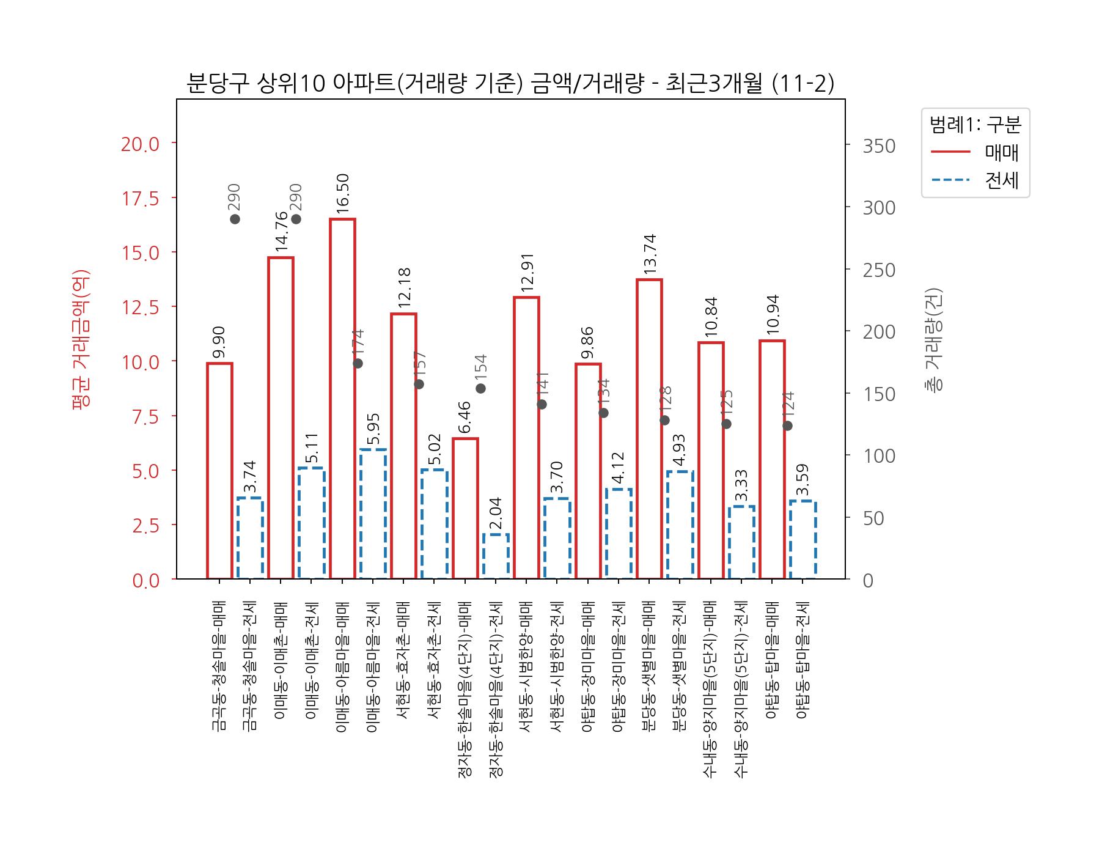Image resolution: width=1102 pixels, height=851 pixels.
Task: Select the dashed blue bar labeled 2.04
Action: click(x=496, y=556)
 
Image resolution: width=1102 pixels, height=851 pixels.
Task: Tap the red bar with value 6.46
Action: click(x=465, y=508)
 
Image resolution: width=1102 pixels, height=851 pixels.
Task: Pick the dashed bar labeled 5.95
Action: click(x=373, y=514)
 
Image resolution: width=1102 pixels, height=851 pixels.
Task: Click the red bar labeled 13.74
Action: click(x=649, y=429)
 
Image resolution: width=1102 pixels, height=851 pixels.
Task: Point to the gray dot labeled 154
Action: click(x=480, y=388)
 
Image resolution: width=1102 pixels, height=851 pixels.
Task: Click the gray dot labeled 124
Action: click(x=787, y=425)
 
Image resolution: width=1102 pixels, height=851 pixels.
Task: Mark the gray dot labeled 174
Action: click(x=358, y=363)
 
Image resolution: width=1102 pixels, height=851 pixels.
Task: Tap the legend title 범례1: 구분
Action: click(x=975, y=125)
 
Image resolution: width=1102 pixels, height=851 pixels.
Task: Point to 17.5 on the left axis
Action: click(x=141, y=199)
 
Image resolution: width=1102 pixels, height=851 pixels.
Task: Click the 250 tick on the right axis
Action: click(x=879, y=270)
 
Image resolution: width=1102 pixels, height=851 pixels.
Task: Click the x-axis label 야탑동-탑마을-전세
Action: click(x=803, y=660)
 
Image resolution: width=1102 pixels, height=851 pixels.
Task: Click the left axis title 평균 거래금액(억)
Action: click(x=81, y=339)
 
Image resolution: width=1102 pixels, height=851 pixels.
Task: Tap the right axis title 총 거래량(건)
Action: click(x=934, y=339)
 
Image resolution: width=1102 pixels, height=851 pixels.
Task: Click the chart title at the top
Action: click(x=510, y=84)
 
